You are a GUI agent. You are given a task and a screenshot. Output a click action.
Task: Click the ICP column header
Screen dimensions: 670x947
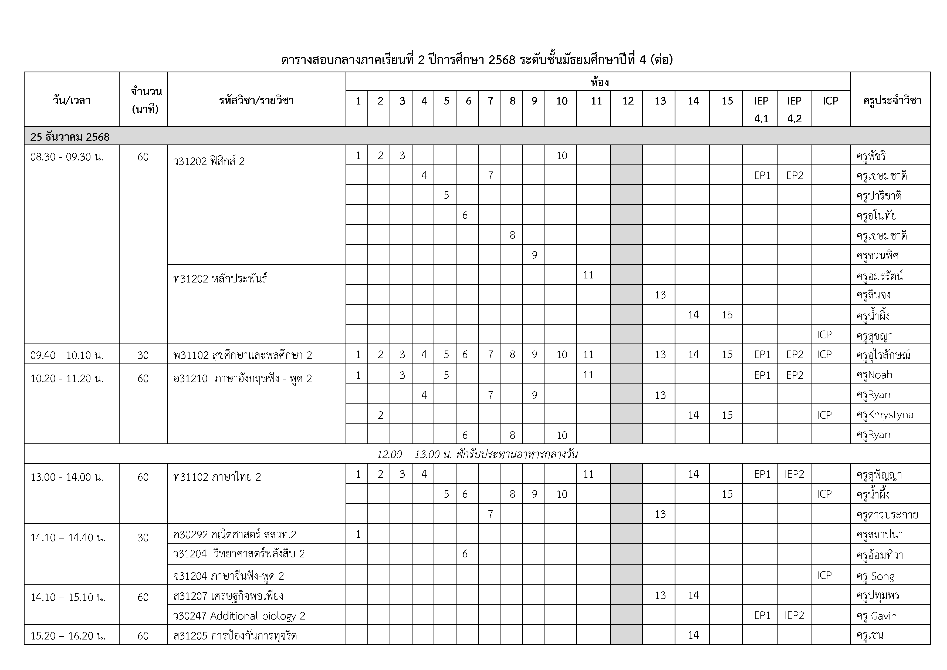(x=830, y=101)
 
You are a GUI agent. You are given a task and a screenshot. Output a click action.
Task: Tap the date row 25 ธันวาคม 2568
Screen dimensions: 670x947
(x=70, y=137)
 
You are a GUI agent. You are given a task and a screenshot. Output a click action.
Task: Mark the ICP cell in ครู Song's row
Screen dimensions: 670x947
(x=824, y=575)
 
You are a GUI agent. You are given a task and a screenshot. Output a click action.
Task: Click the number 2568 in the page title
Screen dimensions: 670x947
(x=502, y=60)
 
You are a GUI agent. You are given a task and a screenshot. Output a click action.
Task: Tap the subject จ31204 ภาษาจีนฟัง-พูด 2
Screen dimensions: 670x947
(x=228, y=576)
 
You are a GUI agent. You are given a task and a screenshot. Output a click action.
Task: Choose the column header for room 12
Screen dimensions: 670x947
(x=628, y=101)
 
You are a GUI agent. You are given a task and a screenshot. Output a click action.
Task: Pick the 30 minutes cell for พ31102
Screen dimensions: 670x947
(x=143, y=355)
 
